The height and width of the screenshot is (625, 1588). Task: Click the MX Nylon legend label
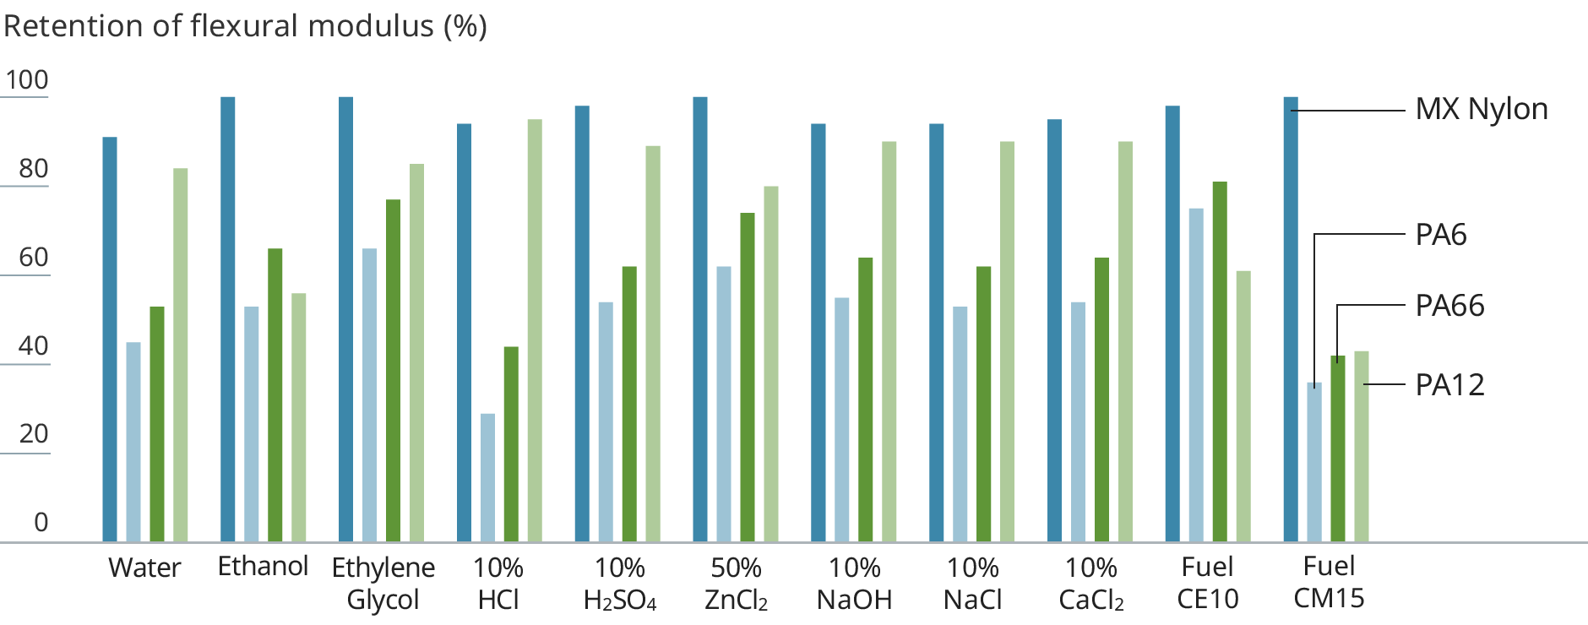(1481, 110)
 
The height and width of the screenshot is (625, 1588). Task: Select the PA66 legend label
(1449, 306)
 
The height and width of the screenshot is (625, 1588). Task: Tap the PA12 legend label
(1449, 385)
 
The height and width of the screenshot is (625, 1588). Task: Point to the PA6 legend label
(1441, 235)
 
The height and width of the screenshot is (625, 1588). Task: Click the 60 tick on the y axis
(34, 258)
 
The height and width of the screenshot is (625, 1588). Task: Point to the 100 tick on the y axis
(27, 80)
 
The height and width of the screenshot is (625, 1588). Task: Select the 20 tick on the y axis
(34, 434)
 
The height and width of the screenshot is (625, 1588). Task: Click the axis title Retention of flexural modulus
(245, 26)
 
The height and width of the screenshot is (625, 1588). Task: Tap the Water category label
(144, 568)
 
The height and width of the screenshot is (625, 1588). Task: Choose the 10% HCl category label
(498, 583)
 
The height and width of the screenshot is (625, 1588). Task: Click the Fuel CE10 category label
(1207, 583)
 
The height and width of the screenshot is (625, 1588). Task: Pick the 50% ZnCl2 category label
(736, 583)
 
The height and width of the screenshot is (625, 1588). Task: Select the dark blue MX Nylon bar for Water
(110, 338)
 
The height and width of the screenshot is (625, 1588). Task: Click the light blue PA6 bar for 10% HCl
(487, 477)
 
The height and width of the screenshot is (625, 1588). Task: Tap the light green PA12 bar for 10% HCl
(535, 329)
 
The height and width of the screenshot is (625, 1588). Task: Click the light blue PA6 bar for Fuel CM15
(1313, 462)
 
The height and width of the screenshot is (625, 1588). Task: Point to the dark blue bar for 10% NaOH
(818, 333)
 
